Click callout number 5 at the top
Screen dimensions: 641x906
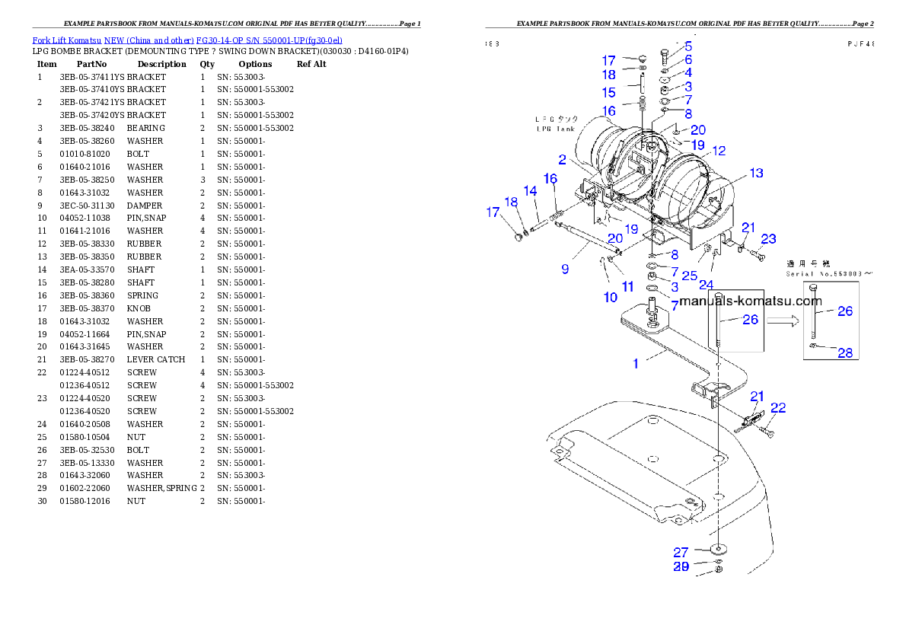click(688, 46)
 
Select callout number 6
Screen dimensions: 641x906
click(688, 59)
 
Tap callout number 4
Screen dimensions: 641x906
click(688, 72)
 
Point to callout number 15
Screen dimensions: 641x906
click(609, 93)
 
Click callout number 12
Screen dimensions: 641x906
click(719, 151)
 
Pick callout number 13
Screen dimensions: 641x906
click(756, 174)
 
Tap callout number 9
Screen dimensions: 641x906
click(565, 269)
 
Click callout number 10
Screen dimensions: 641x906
click(611, 298)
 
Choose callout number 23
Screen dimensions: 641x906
click(769, 239)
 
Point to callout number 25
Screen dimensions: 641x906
click(689, 276)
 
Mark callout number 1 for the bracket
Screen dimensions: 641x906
click(636, 364)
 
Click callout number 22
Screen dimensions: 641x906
click(777, 408)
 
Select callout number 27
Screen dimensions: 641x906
click(681, 552)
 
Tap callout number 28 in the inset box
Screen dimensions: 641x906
click(844, 352)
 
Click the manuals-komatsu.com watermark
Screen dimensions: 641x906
click(750, 301)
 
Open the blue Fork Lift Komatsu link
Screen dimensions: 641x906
click(187, 40)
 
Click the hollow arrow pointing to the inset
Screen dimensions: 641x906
click(782, 321)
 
